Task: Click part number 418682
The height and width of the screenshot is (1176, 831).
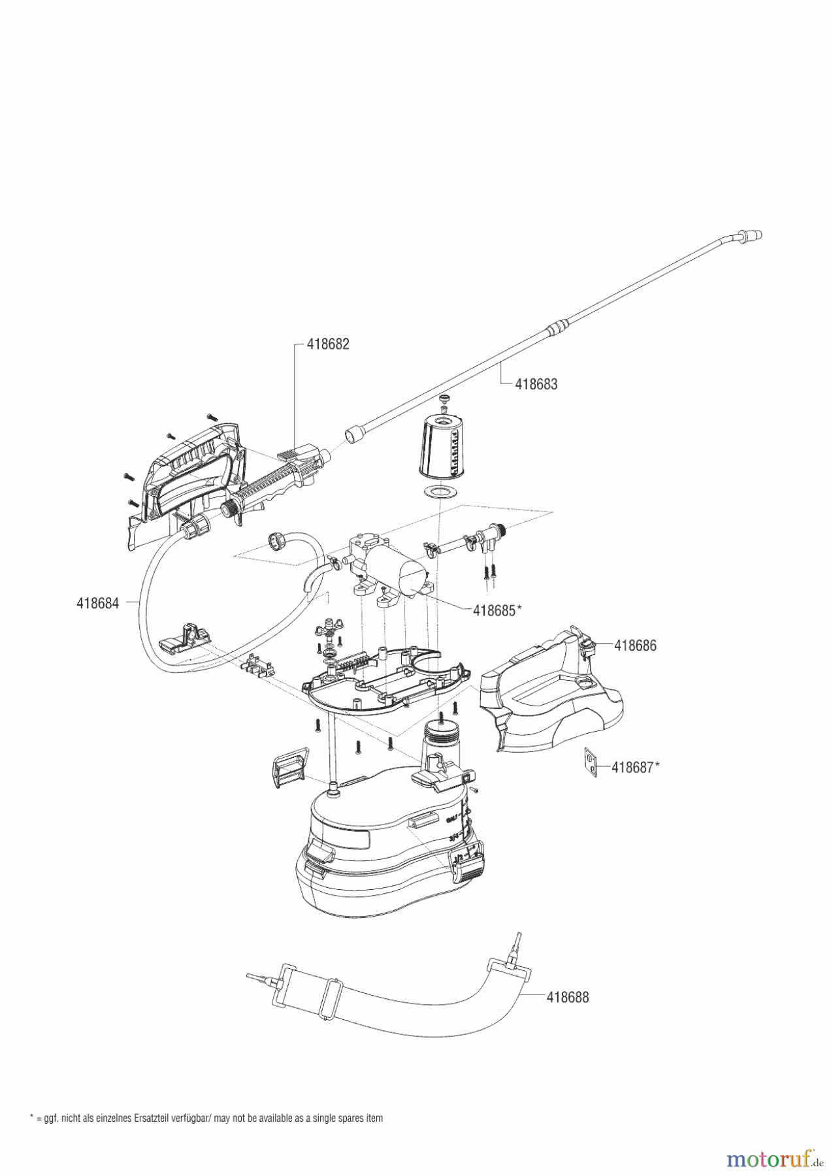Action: pyautogui.click(x=328, y=344)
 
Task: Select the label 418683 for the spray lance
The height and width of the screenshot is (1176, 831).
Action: pyautogui.click(x=536, y=384)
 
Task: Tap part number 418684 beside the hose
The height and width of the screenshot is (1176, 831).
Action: pyautogui.click(x=98, y=603)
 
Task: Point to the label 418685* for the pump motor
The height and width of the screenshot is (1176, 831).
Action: pyautogui.click(x=497, y=610)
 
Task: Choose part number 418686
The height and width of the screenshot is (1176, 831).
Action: pyautogui.click(x=635, y=645)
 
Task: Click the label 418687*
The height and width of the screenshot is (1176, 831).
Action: pyautogui.click(x=634, y=768)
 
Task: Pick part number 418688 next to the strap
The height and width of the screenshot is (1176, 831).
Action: pyautogui.click(x=567, y=998)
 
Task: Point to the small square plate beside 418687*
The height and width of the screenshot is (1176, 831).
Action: pyautogui.click(x=591, y=763)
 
